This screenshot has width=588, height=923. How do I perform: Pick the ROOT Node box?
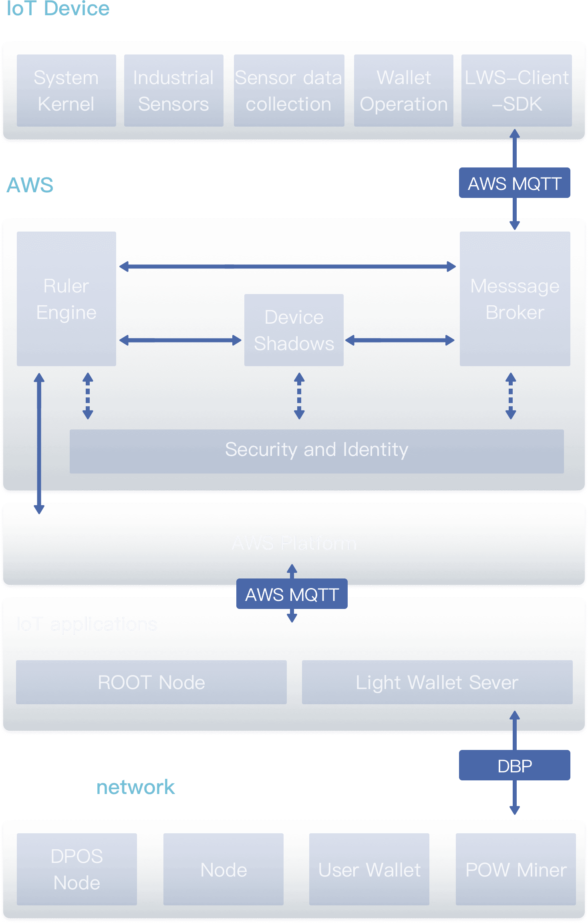pos(151,682)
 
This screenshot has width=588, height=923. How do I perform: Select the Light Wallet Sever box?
pos(437,682)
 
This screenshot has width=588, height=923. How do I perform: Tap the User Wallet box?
pos(369,869)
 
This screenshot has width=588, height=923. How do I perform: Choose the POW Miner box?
pos(516,869)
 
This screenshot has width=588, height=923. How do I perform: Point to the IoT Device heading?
pos(58,9)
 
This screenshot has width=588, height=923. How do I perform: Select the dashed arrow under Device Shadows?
pos(299,396)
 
